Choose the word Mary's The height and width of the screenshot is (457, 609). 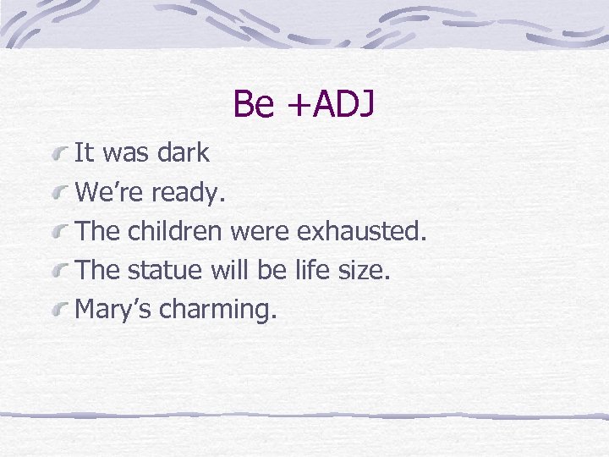113,311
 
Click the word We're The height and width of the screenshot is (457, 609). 110,193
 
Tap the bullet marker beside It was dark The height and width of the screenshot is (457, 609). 60,155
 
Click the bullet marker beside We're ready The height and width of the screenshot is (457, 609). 60,195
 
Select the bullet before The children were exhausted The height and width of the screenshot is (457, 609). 60,233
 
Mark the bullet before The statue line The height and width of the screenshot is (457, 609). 60,273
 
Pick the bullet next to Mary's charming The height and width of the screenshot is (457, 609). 60,311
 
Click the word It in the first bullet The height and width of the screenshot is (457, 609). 84,153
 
